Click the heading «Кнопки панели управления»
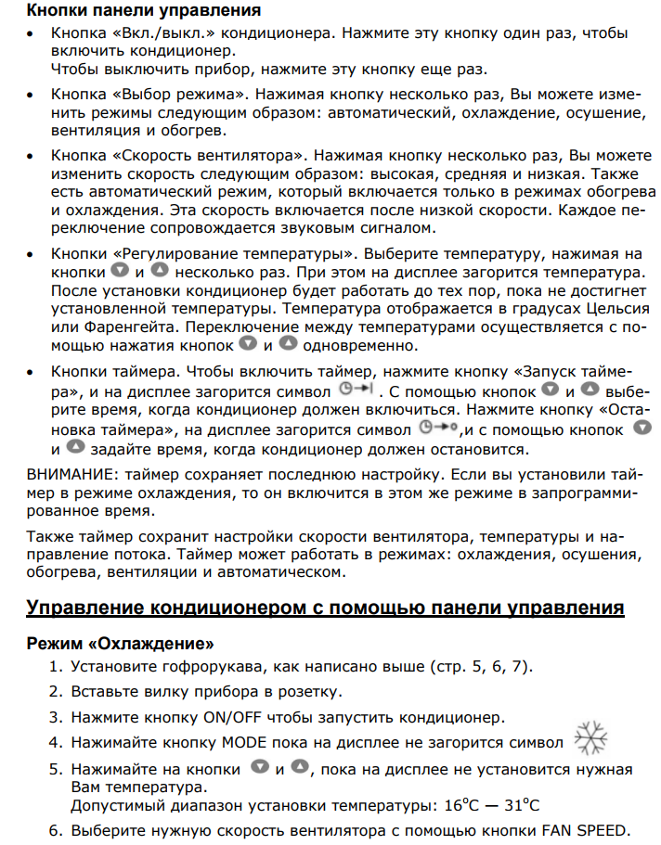(144, 11)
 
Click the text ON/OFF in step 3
(233, 717)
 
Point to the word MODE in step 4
(244, 743)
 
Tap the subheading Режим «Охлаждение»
(121, 643)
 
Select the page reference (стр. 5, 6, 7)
(482, 667)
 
